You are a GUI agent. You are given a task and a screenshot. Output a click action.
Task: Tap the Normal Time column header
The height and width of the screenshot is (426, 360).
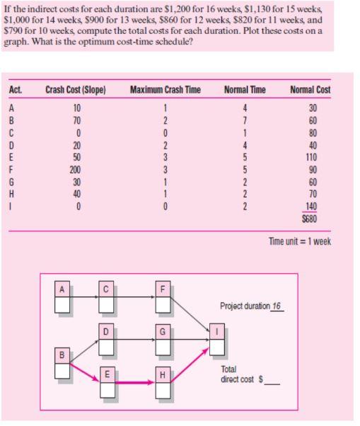244,89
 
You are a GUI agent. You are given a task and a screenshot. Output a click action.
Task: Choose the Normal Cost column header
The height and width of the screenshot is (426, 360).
310,89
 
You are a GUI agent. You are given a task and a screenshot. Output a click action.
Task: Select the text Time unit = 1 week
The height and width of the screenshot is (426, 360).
300,241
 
